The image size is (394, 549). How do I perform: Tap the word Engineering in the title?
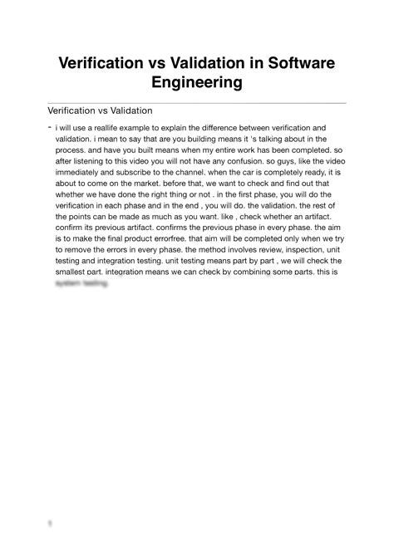coord(196,82)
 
